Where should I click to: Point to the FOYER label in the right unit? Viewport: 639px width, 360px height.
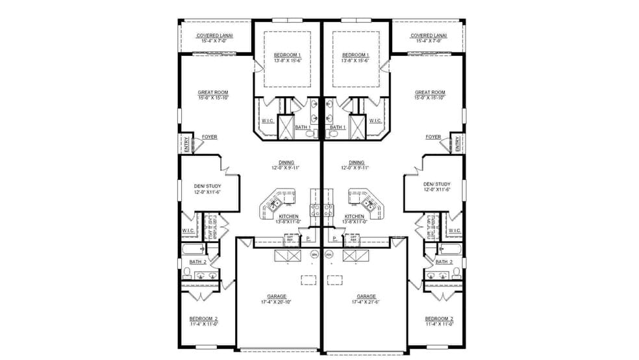(433, 137)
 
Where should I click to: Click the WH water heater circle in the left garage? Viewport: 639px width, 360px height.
(314, 255)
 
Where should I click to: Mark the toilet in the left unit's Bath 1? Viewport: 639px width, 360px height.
(311, 134)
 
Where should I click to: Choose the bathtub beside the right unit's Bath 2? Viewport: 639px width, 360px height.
(450, 249)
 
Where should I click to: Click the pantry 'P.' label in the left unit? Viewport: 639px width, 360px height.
(308, 239)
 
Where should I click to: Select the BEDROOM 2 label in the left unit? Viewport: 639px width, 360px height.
(203, 320)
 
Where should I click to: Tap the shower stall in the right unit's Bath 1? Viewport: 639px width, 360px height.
(357, 127)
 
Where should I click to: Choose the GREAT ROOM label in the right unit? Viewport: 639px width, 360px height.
(430, 95)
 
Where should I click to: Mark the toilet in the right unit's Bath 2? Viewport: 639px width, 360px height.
(457, 271)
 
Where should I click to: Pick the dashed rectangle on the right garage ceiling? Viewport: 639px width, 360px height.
(334, 280)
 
